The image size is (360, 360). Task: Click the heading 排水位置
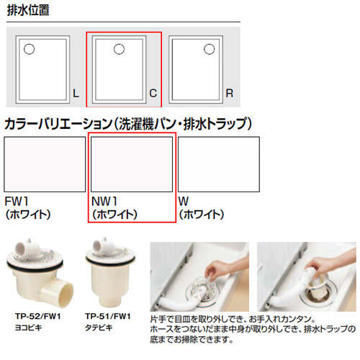(x=28, y=10)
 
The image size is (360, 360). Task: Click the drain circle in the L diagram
(x=29, y=49)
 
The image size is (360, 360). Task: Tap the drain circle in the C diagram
(x=119, y=49)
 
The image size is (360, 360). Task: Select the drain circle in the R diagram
(x=209, y=49)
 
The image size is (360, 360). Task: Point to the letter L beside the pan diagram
(x=76, y=94)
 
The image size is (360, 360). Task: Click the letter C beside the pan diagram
(x=153, y=94)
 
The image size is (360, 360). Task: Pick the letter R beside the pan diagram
(x=230, y=94)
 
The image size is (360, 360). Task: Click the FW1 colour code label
(x=17, y=202)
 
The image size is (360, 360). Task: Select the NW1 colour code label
(x=104, y=202)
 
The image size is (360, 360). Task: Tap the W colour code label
(x=184, y=202)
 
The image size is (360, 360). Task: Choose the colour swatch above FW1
(x=45, y=164)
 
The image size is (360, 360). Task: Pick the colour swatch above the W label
(x=219, y=164)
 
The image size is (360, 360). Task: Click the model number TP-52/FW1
(x=38, y=316)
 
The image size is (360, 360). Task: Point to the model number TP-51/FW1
(x=108, y=316)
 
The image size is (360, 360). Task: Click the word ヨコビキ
(x=28, y=328)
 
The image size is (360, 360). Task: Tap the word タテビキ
(x=99, y=328)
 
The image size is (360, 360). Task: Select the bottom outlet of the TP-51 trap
(x=108, y=300)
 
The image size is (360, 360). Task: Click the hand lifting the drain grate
(x=217, y=269)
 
